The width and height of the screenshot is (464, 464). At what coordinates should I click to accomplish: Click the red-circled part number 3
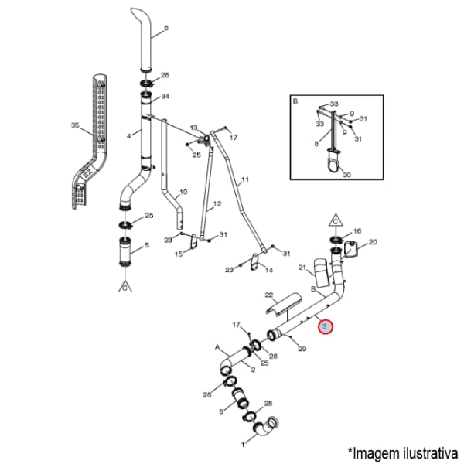[x=326, y=326]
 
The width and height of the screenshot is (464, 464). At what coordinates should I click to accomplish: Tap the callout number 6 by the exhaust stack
[x=166, y=28]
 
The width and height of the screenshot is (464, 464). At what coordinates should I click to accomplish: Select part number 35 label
[x=75, y=125]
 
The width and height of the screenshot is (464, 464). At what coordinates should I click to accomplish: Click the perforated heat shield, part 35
[x=90, y=142]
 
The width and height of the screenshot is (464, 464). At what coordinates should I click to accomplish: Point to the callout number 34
[x=165, y=97]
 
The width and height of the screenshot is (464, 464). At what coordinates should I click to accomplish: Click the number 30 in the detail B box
[x=346, y=175]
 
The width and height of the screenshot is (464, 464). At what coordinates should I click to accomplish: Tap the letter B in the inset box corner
[x=295, y=101]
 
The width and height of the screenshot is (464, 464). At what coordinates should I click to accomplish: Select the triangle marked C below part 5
[x=125, y=287]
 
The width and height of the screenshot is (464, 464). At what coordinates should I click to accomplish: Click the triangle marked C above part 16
[x=336, y=220]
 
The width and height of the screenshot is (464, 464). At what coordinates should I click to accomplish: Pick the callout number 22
[x=268, y=295]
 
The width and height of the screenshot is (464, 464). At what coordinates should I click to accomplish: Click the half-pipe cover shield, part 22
[x=283, y=305]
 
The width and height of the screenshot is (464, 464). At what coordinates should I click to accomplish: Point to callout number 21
[x=302, y=268]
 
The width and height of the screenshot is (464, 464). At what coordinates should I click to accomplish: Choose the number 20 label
[x=374, y=242]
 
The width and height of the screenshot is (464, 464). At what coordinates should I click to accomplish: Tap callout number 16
[x=357, y=230]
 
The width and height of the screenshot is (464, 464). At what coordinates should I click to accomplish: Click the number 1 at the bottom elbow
[x=243, y=445]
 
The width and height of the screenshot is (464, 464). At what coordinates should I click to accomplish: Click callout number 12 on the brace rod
[x=217, y=204]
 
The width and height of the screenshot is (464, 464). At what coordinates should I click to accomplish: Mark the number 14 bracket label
[x=268, y=270]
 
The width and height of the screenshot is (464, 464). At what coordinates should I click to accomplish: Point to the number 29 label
[x=302, y=349]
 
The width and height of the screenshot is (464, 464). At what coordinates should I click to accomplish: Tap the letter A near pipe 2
[x=217, y=347]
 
